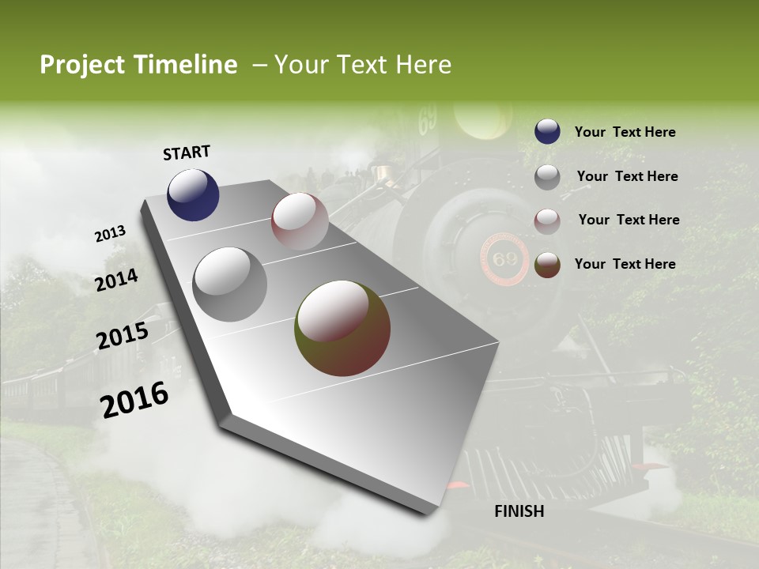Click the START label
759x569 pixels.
(187, 153)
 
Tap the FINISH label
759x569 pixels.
(519, 511)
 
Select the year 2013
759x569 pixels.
(111, 234)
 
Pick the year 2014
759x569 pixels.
(117, 280)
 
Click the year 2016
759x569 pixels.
(134, 400)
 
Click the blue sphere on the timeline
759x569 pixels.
(193, 194)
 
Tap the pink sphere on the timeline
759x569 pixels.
(300, 221)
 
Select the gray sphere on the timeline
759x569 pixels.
(230, 284)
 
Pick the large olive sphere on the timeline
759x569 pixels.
(342, 328)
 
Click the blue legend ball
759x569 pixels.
(547, 132)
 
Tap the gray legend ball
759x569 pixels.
(547, 177)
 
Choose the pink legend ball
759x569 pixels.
(547, 221)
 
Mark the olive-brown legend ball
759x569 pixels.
(547, 265)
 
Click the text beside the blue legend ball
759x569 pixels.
(625, 133)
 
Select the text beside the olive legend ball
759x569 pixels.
(625, 264)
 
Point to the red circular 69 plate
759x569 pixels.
(504, 259)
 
